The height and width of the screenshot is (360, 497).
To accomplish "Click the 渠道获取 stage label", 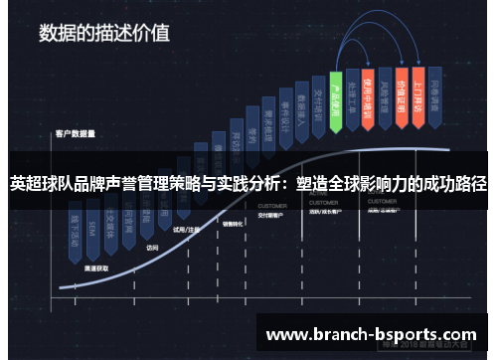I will pyautogui.click(x=96, y=269).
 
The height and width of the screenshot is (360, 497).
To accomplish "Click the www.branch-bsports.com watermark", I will pyautogui.click(x=371, y=334).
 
